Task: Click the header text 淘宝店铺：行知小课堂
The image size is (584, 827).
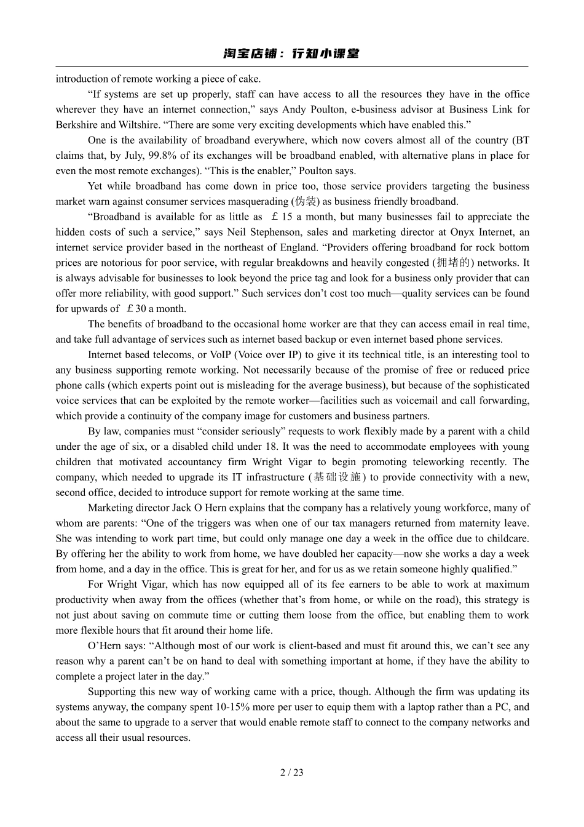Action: tap(291, 54)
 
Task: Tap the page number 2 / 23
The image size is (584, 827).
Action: tap(292, 772)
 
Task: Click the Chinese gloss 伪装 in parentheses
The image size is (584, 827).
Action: tap(306, 202)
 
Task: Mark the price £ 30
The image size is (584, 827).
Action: tap(135, 309)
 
